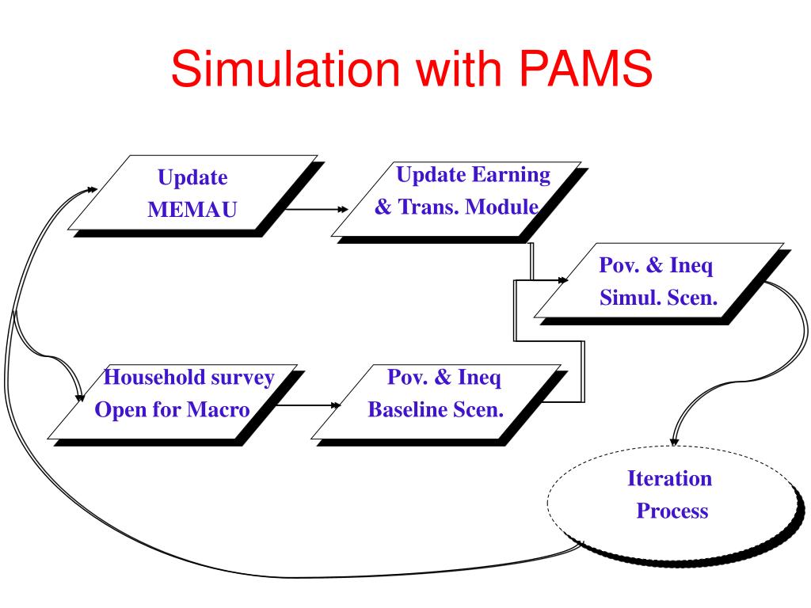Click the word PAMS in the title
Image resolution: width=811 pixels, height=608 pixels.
pyautogui.click(x=585, y=68)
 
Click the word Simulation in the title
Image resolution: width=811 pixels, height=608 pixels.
pyautogui.click(x=285, y=68)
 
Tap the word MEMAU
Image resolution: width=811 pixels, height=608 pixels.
pyautogui.click(x=192, y=210)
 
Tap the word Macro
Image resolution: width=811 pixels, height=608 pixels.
pyautogui.click(x=219, y=410)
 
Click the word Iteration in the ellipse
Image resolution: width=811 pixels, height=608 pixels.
pyautogui.click(x=670, y=478)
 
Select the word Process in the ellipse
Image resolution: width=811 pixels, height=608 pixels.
pyautogui.click(x=672, y=511)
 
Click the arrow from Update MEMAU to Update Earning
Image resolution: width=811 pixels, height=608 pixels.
pyautogui.click(x=317, y=209)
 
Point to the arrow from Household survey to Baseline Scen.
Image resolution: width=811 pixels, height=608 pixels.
pyautogui.click(x=308, y=405)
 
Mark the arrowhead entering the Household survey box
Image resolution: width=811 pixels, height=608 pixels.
pyautogui.click(x=80, y=397)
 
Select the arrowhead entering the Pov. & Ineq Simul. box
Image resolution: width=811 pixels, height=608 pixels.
pyautogui.click(x=563, y=280)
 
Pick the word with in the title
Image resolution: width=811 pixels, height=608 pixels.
pyautogui.click(x=459, y=68)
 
